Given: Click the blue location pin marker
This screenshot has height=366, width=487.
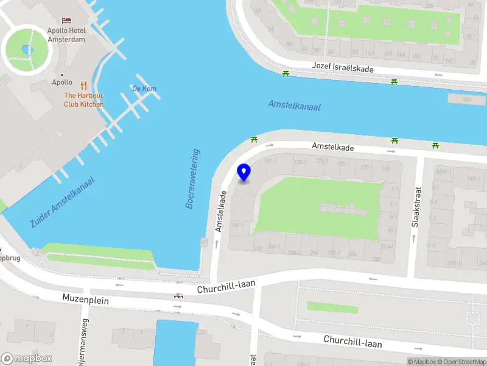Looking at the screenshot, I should (x=243, y=172).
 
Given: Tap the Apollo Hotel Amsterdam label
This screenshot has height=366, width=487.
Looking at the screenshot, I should (x=66, y=35).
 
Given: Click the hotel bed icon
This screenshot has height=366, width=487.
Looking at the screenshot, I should (x=66, y=21).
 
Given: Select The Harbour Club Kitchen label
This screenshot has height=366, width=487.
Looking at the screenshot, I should (x=84, y=99).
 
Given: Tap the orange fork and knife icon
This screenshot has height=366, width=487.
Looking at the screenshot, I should (x=83, y=85).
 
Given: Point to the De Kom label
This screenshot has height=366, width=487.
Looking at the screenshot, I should (x=144, y=89).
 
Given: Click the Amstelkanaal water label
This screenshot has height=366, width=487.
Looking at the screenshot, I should (x=294, y=106).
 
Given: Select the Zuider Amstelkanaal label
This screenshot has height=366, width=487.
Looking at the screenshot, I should (x=62, y=203).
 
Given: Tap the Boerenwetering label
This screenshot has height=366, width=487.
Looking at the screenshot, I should (x=192, y=179).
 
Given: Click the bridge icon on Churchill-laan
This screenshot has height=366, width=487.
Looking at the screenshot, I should (x=178, y=296).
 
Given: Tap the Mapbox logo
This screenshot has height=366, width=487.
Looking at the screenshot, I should (x=27, y=358).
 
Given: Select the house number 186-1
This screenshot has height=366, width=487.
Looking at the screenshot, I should (x=238, y=225).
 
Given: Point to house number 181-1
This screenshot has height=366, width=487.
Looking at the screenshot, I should (x=270, y=161).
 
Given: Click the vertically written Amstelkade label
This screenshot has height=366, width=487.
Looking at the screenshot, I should (x=222, y=211).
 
